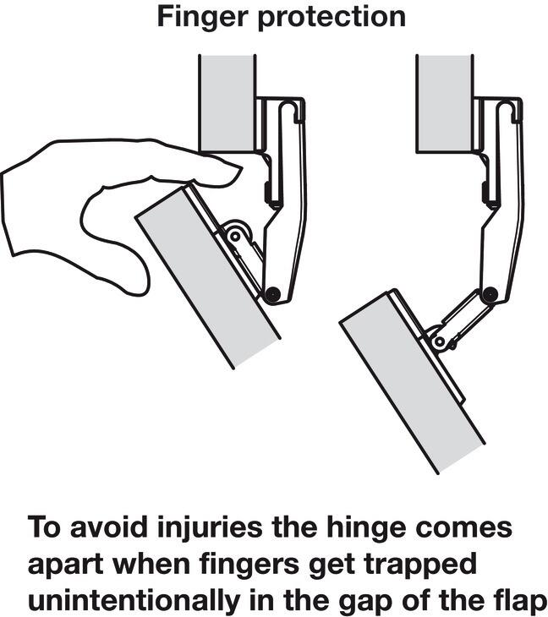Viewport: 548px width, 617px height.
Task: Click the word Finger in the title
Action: pyautogui.click(x=203, y=17)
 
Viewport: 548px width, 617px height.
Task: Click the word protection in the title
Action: pyautogui.click(x=332, y=18)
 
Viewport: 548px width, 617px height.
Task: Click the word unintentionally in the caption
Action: pyautogui.click(x=134, y=601)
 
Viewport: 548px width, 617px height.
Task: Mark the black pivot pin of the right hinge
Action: pyautogui.click(x=489, y=293)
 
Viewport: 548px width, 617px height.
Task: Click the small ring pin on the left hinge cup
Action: pyautogui.click(x=235, y=237)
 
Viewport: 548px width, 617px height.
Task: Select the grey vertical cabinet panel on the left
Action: pyautogui.click(x=227, y=103)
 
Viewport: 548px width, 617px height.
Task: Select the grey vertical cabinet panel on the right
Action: pyautogui.click(x=445, y=103)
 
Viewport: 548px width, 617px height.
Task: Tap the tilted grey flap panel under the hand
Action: pyautogui.click(x=208, y=277)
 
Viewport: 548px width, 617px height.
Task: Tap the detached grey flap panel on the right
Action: pyautogui.click(x=412, y=382)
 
